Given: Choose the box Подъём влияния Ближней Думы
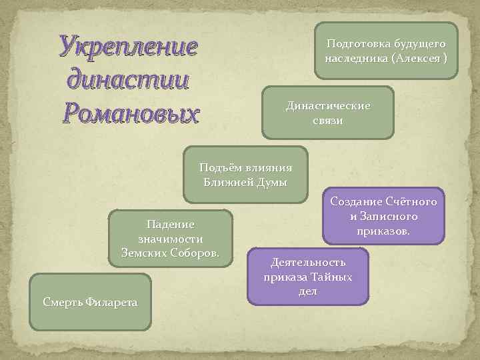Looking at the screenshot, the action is click(245, 174).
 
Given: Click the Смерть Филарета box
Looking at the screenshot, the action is click(91, 301).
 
